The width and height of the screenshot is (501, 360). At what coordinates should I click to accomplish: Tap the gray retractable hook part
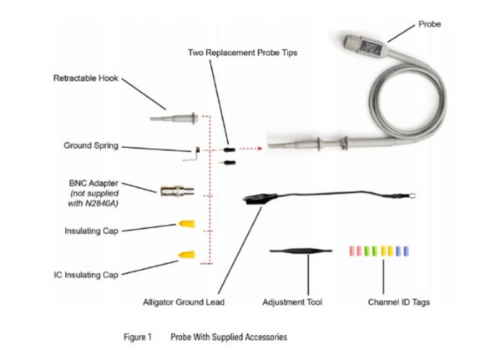173,119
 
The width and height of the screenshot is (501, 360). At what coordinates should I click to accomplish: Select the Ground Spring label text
90,145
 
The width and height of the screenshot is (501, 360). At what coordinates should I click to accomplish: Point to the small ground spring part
191,152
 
